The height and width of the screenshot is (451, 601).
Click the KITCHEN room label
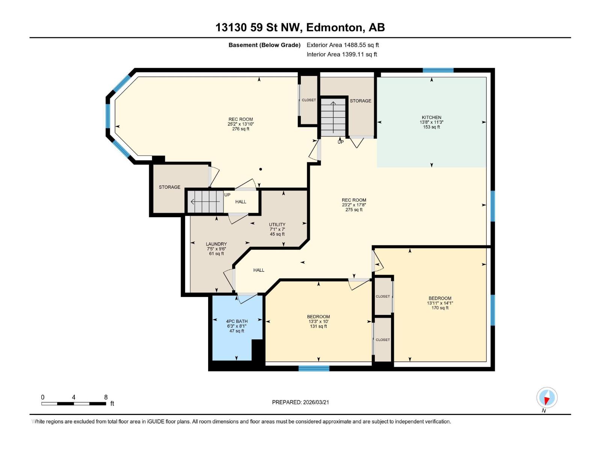pos(431,117)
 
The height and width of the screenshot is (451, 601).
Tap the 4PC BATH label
pos(237,321)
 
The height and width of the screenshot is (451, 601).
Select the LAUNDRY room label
pos(216,244)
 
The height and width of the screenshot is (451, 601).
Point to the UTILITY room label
pos(277,224)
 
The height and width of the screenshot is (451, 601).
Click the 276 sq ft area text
pos(240,129)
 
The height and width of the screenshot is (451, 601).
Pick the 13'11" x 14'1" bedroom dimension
pos(440,303)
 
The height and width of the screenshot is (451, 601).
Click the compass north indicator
pos(547,398)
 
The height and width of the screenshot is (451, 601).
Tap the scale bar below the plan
pos(74,404)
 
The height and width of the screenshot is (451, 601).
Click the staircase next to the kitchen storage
pos(333,118)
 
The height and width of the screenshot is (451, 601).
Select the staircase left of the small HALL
pos(205,202)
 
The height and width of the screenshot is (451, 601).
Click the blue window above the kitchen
pos(438,70)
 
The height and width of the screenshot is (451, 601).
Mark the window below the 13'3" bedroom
pos(314,368)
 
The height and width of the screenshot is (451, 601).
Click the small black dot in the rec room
pos(260,169)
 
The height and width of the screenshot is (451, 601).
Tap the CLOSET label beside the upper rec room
pos(309,100)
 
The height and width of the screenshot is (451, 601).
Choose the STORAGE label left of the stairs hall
pos(169,187)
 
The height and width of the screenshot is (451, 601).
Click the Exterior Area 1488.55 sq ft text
pos(343,45)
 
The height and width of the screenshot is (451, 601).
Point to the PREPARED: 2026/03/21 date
pos(300,402)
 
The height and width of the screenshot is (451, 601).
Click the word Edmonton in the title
pos(335,27)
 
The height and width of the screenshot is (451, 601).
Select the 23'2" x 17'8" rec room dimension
pos(354,205)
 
